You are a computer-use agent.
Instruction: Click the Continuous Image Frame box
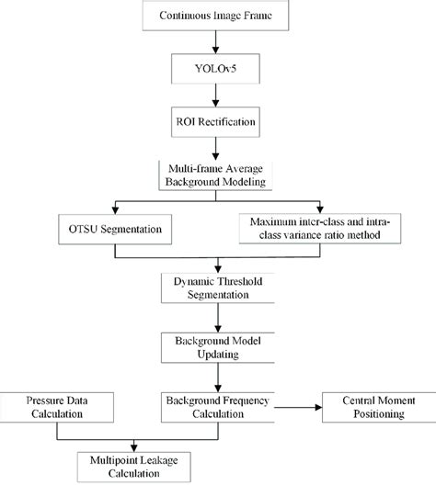click(x=217, y=17)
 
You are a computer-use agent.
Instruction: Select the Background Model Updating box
click(x=217, y=346)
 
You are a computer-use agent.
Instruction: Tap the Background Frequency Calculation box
click(x=217, y=408)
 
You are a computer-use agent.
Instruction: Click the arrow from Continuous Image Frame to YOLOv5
click(x=217, y=40)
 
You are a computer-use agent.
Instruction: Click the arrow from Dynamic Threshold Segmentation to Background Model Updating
click(x=217, y=317)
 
